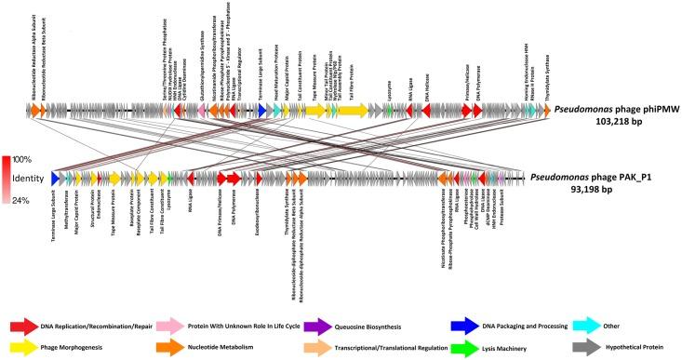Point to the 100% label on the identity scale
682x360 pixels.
click(21, 159)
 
